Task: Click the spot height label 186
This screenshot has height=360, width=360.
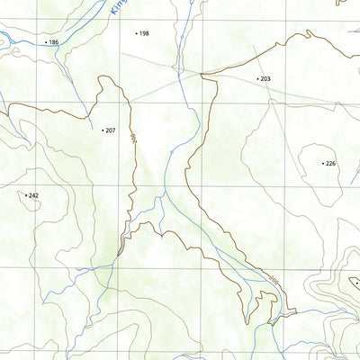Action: coord(54,42)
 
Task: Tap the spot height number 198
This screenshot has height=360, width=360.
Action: coord(144,33)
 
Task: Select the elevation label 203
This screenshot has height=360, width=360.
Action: coord(265,79)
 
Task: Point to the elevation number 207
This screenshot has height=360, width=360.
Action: coord(111,130)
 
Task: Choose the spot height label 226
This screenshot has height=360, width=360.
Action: coord(330,163)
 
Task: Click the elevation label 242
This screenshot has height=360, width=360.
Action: coord(33,194)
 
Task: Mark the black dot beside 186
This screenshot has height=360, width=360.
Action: coord(45,42)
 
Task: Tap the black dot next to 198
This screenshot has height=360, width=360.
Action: coord(136,33)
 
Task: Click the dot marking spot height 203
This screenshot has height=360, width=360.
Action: coord(257,79)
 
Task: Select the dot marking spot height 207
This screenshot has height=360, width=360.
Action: coord(103,130)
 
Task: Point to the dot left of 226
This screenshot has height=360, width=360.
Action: coord(322,163)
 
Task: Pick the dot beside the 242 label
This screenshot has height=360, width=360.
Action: coord(25,194)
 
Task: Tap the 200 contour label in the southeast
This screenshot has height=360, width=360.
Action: coord(273,281)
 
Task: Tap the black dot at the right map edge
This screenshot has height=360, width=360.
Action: coord(357,283)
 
